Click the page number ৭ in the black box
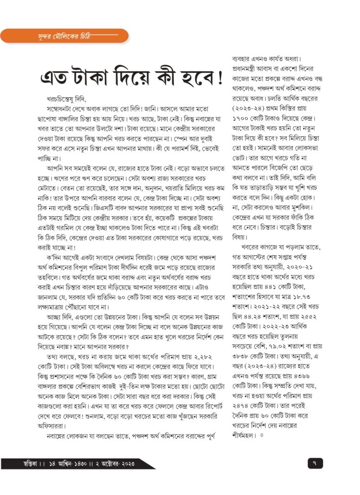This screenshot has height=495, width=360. click(x=314, y=463)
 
